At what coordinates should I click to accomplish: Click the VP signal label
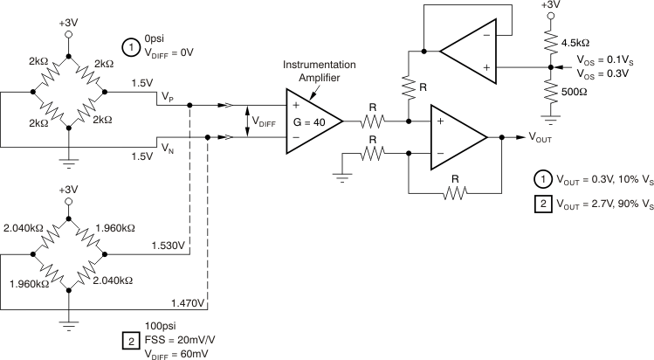tap(167, 99)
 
